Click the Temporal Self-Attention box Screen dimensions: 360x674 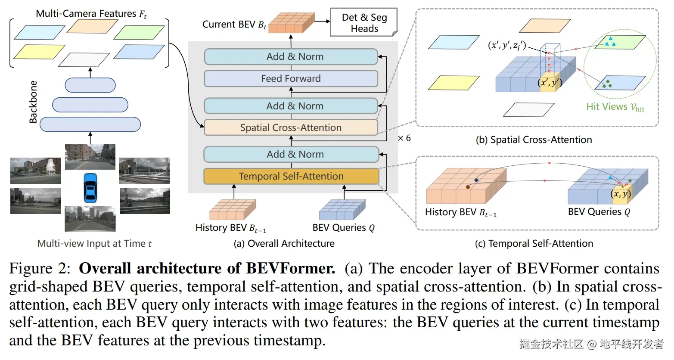(x=291, y=176)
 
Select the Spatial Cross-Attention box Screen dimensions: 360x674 (x=291, y=127)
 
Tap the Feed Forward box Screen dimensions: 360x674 (x=291, y=78)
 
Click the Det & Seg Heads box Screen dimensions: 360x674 (x=364, y=23)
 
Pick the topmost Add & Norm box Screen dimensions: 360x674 (x=291, y=56)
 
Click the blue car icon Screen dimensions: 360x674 (x=90, y=188)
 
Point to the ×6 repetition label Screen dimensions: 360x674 (x=404, y=138)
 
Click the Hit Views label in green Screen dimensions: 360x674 (x=615, y=107)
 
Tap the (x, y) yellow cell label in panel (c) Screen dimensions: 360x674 (x=621, y=194)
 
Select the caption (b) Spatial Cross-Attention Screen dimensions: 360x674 (x=534, y=140)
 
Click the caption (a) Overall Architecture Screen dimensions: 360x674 (x=284, y=243)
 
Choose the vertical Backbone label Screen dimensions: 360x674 (x=33, y=102)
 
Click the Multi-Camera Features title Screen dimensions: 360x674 (x=91, y=14)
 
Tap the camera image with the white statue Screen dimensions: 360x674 (x=36, y=171)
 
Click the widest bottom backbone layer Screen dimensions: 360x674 (x=90, y=124)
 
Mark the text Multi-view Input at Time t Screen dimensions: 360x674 (x=94, y=243)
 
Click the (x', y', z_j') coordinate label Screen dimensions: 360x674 (x=506, y=45)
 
